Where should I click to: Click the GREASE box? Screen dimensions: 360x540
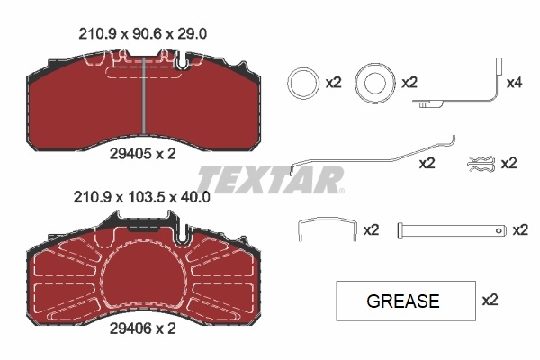[403, 301]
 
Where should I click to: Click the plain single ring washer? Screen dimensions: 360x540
[301, 84]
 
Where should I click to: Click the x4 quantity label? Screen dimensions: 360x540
[514, 84]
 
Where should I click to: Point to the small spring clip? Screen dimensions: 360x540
[481, 163]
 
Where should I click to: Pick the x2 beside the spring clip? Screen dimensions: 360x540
[508, 163]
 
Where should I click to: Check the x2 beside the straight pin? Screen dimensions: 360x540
[519, 230]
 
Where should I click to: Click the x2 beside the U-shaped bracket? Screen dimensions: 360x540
[371, 230]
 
